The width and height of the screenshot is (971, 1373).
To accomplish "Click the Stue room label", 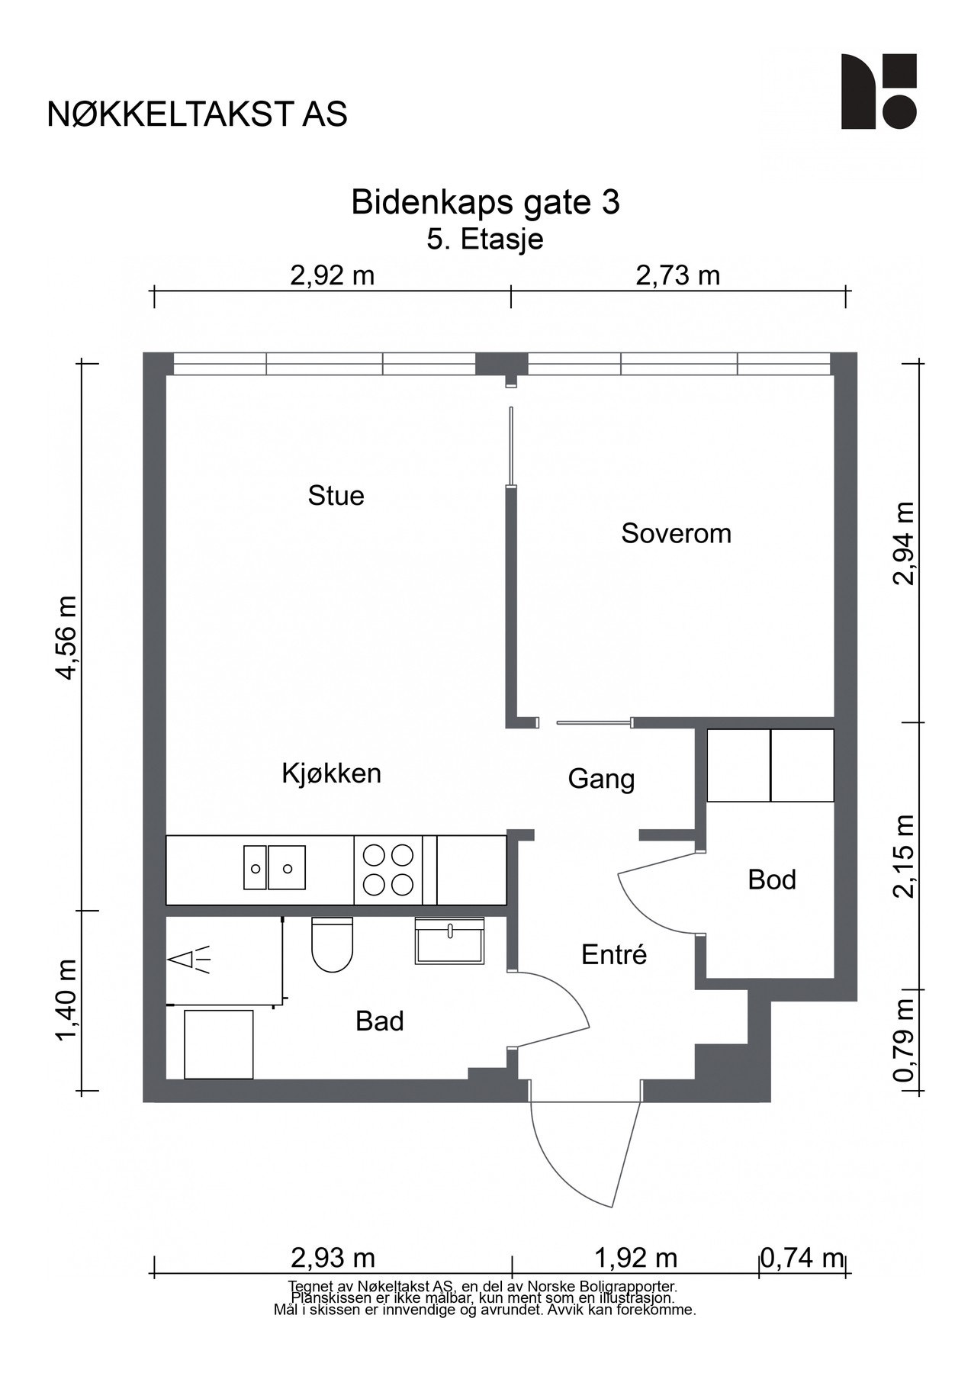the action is (336, 496).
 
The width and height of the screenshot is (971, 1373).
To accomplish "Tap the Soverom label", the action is (676, 533).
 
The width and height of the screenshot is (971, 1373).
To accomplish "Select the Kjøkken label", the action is (331, 773).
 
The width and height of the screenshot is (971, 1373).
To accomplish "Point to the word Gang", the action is (601, 780).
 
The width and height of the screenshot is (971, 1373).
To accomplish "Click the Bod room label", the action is (772, 879).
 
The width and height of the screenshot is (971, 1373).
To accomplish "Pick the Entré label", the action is (614, 954).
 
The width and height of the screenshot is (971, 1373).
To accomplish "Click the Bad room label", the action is (379, 1021).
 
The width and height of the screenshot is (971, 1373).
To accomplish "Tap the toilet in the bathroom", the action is (332, 944).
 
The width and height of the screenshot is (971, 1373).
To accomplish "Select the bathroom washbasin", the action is (449, 941).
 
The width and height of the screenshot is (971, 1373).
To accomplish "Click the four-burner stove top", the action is (388, 870).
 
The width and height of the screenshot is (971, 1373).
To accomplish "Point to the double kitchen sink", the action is (275, 867).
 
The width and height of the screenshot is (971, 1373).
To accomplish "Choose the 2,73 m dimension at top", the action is (677, 275).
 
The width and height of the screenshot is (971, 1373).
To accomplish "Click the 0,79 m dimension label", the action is (903, 1040).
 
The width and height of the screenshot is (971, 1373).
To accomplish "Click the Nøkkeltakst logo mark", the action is (879, 92).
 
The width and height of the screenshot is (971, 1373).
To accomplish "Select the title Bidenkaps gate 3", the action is (485, 203).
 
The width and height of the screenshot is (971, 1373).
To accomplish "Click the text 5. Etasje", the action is (485, 240).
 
